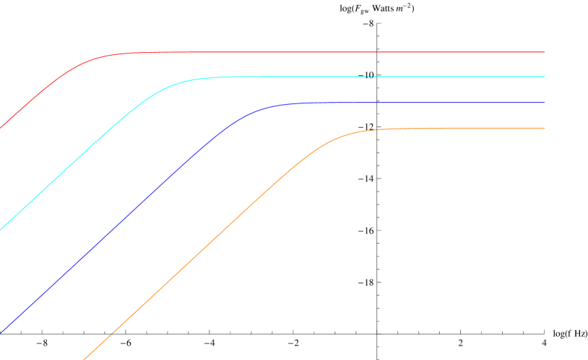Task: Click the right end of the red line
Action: click(543, 52)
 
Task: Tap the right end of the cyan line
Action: click(543, 77)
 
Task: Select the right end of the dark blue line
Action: click(543, 103)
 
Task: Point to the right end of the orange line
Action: click(543, 128)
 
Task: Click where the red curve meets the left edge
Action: click(1, 127)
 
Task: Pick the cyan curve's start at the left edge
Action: click(1, 229)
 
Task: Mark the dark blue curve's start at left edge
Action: click(1, 333)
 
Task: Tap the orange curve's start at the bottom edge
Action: click(85, 359)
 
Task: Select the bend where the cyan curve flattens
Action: click(181, 82)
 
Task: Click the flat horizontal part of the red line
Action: click(325, 52)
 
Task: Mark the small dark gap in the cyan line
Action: click(371, 77)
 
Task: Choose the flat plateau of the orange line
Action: click(470, 128)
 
